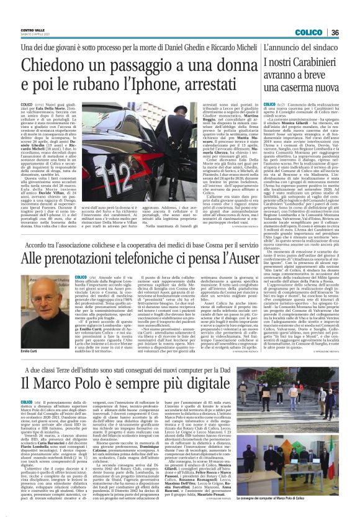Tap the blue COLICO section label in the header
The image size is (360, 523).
[308, 32]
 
